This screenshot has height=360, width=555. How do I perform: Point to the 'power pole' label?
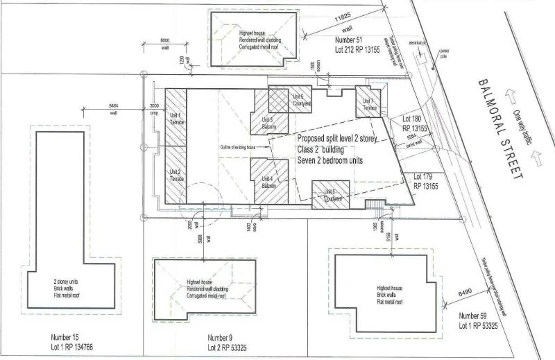pyautogui.click(x=444, y=53)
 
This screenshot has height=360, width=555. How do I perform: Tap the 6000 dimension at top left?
pyautogui.click(x=165, y=40)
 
